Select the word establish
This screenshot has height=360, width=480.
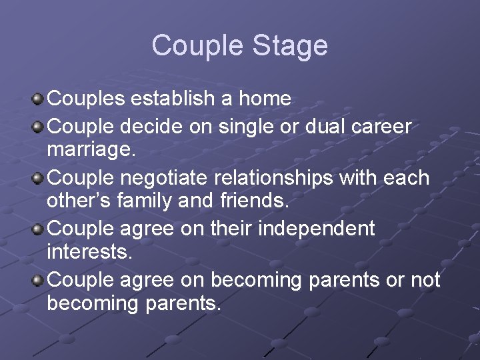(x=173, y=99)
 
